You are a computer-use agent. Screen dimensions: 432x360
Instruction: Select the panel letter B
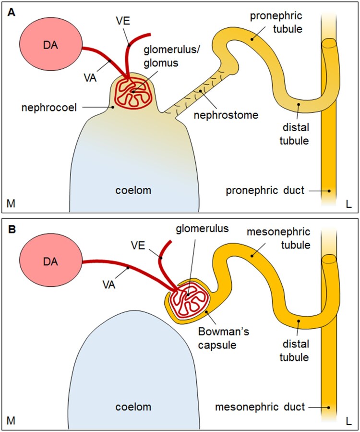click(x=11, y=229)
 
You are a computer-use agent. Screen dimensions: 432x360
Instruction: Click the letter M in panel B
click(x=11, y=421)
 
